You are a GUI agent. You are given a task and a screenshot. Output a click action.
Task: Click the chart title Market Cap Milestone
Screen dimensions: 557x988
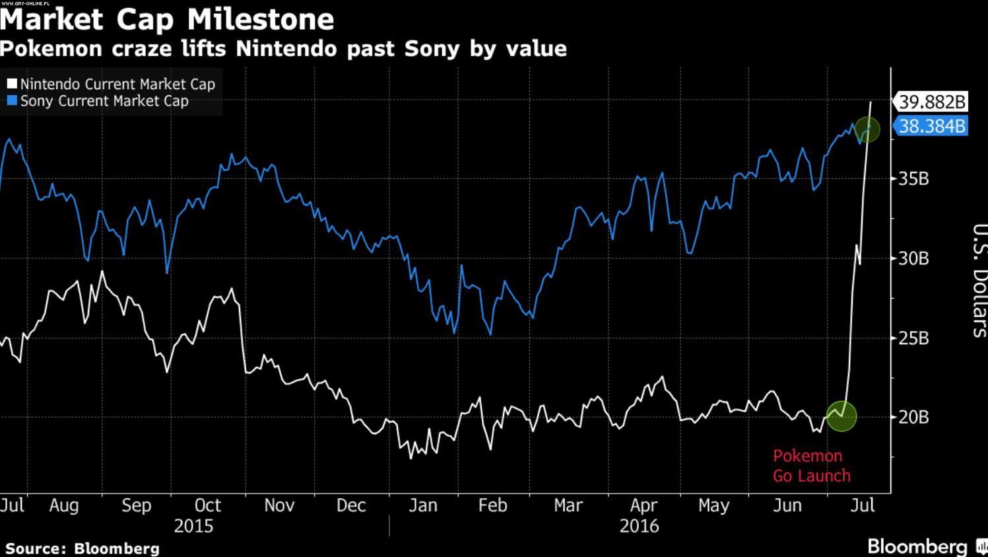coord(167,19)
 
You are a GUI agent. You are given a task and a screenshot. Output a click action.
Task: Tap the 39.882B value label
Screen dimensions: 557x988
coord(932,102)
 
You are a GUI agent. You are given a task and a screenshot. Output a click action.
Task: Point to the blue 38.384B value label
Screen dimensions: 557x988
coord(932,126)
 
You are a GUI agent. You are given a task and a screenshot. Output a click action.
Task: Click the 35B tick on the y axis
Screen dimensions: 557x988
coord(913,178)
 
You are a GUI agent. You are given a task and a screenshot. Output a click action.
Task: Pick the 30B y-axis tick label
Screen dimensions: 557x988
coord(913,258)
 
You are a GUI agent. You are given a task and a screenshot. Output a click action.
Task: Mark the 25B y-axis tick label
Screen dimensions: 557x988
coord(913,338)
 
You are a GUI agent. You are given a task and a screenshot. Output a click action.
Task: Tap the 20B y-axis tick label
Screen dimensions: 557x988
coord(913,418)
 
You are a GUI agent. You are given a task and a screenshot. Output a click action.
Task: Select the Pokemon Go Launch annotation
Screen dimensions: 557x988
coord(811,466)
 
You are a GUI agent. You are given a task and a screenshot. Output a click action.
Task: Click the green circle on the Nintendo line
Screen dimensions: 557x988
coord(841,416)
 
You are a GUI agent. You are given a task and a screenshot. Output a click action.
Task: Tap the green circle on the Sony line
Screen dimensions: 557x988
coord(867,129)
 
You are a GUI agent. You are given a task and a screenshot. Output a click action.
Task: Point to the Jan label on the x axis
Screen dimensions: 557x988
coord(423,505)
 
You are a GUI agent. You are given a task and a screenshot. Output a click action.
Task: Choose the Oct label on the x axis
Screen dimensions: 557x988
coord(207,505)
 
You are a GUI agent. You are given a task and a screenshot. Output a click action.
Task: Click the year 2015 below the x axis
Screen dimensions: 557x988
coord(193,526)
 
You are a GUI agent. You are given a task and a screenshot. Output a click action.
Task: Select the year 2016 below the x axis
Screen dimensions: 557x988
coord(639,526)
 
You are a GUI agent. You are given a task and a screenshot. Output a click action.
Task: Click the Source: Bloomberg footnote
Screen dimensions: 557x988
coord(82,548)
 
